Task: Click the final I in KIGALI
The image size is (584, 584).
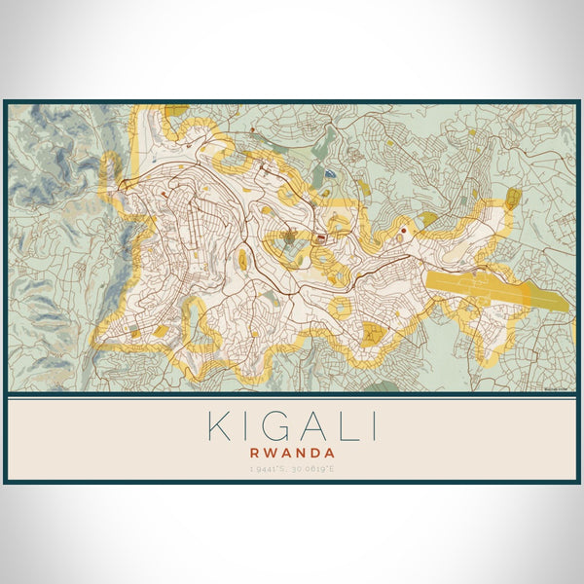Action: pyautogui.click(x=372, y=427)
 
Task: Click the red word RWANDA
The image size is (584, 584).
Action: pyautogui.click(x=292, y=453)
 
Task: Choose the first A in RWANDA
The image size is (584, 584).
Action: pyautogui.click(x=285, y=453)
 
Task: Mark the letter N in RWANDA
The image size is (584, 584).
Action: pyautogui.click(x=301, y=453)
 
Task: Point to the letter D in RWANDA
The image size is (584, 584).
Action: pyautogui.click(x=316, y=453)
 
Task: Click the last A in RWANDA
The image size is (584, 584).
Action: pyautogui.click(x=331, y=453)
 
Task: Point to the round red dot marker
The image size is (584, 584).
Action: pyautogui.click(x=402, y=231)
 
